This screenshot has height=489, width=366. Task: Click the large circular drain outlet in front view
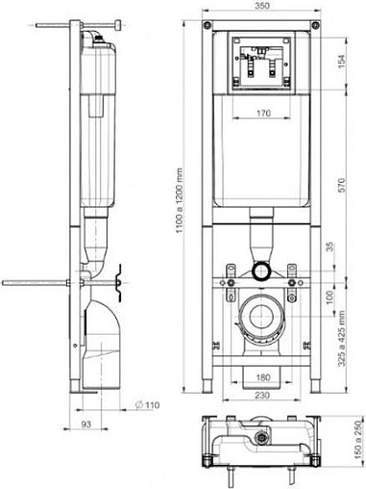coord(262,315)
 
